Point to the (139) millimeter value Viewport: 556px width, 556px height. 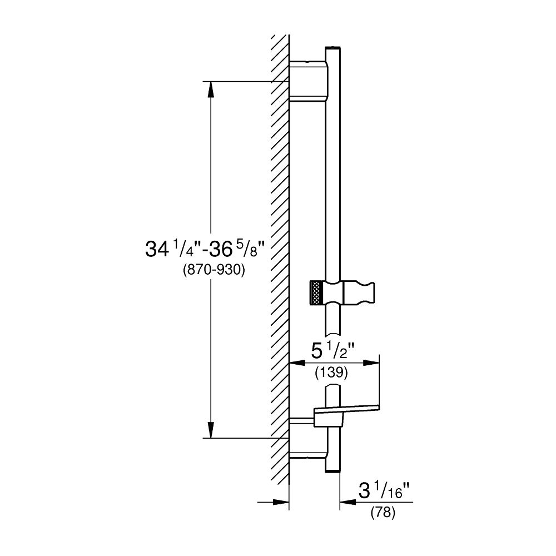click(x=331, y=373)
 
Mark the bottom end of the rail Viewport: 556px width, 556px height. click(x=332, y=471)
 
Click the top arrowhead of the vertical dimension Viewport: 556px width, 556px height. click(x=211, y=89)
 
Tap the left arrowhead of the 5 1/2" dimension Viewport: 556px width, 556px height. click(x=297, y=363)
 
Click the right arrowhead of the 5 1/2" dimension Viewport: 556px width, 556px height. click(x=373, y=363)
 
